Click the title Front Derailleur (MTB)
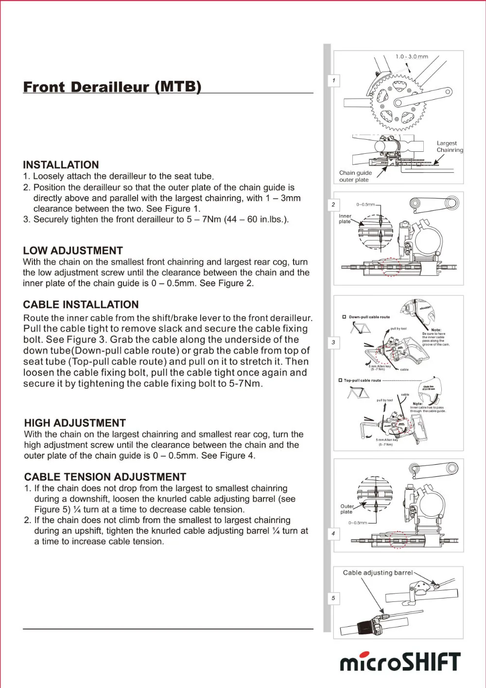coord(112,87)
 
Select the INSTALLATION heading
coord(61,165)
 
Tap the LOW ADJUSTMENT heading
coord(73,251)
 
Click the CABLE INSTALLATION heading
coord(81,305)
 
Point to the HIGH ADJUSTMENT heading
coord(75,423)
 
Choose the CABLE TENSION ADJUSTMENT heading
coord(105,477)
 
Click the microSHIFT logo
coord(399,662)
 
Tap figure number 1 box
coord(333,80)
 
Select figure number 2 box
coord(333,204)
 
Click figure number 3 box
coord(333,342)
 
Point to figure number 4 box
coord(333,533)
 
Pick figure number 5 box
coord(333,598)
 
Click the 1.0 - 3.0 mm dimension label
coord(412,57)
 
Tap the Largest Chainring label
coord(450,146)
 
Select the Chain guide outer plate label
coord(355,176)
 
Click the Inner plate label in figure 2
coord(345,218)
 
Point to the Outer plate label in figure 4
coord(347,509)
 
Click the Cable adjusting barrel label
coord(378,573)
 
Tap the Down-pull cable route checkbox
coord(344,317)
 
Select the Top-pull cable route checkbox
coord(340,380)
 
